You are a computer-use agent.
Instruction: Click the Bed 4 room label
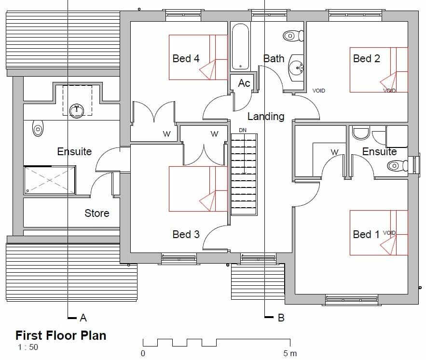click(x=186, y=58)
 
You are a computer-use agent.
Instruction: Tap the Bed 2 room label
click(x=366, y=58)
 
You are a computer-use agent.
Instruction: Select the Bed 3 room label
click(x=186, y=234)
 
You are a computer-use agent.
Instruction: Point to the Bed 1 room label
click(x=366, y=234)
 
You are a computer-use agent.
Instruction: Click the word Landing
click(x=265, y=116)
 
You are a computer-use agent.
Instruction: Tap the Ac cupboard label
click(x=244, y=83)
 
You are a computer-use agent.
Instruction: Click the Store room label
click(x=96, y=213)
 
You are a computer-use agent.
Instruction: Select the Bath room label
click(x=274, y=58)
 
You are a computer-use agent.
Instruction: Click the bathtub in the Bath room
click(x=240, y=47)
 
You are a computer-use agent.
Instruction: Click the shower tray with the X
click(x=50, y=180)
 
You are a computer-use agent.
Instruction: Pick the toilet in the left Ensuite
click(x=38, y=130)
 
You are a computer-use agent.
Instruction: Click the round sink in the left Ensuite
click(x=77, y=110)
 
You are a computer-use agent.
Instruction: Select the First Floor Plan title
click(x=61, y=335)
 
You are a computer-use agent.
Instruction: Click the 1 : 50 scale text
click(x=27, y=347)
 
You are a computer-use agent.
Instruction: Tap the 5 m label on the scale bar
click(x=290, y=354)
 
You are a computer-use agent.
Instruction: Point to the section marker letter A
click(x=83, y=318)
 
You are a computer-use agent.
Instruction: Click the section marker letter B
click(x=281, y=318)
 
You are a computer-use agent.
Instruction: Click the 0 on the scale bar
click(x=143, y=354)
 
